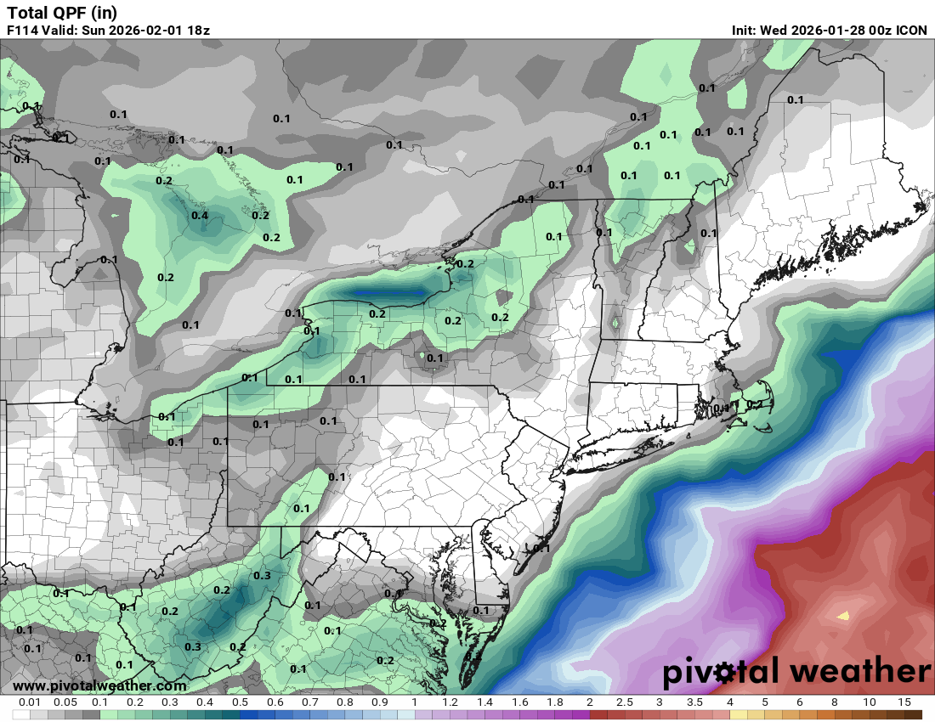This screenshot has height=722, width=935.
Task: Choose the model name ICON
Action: [913, 30]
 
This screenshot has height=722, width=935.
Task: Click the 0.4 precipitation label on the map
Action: [200, 216]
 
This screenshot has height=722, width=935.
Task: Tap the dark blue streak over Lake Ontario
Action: [392, 295]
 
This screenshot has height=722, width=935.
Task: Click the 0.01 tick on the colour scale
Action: [31, 702]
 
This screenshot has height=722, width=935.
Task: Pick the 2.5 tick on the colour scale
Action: [625, 702]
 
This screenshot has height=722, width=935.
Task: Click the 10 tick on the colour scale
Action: [870, 702]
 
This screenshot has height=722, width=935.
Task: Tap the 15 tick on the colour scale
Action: [904, 702]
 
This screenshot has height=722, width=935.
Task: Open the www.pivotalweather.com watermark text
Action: [99, 685]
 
